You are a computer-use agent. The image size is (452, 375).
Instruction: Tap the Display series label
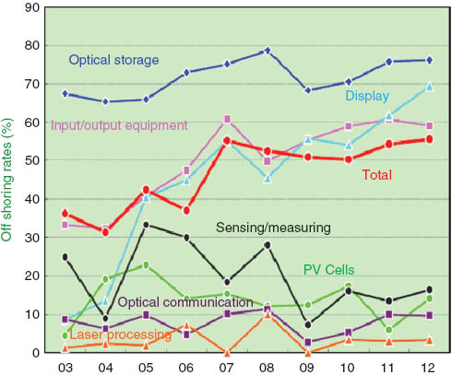366,95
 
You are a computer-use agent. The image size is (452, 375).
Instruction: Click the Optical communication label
185,301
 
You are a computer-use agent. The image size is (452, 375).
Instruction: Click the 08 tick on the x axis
268,365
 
